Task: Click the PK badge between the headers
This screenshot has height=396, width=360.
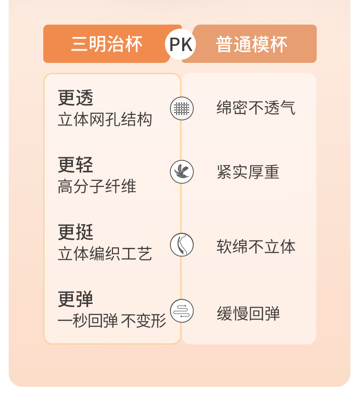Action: (180, 44)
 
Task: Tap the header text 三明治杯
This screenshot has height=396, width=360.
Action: (107, 44)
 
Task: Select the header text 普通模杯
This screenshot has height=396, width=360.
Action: (252, 44)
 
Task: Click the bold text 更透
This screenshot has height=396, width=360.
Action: (76, 98)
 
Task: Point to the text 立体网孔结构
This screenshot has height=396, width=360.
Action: (105, 119)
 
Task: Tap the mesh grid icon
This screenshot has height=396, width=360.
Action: (182, 108)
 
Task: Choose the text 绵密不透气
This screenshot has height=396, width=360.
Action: (256, 108)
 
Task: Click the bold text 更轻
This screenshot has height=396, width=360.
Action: (76, 165)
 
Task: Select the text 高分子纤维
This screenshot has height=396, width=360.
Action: (97, 186)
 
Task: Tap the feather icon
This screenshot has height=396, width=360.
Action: (182, 172)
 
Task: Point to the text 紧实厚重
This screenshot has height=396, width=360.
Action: (248, 172)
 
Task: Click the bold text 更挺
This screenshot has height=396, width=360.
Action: (76, 232)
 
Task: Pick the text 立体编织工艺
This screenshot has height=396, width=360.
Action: (105, 254)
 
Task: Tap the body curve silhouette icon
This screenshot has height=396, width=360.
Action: (182, 245)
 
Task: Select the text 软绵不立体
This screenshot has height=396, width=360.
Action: (256, 247)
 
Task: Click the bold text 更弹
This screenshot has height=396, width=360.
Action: (76, 299)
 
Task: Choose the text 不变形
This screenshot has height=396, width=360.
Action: (143, 321)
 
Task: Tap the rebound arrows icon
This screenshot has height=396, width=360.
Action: (182, 311)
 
